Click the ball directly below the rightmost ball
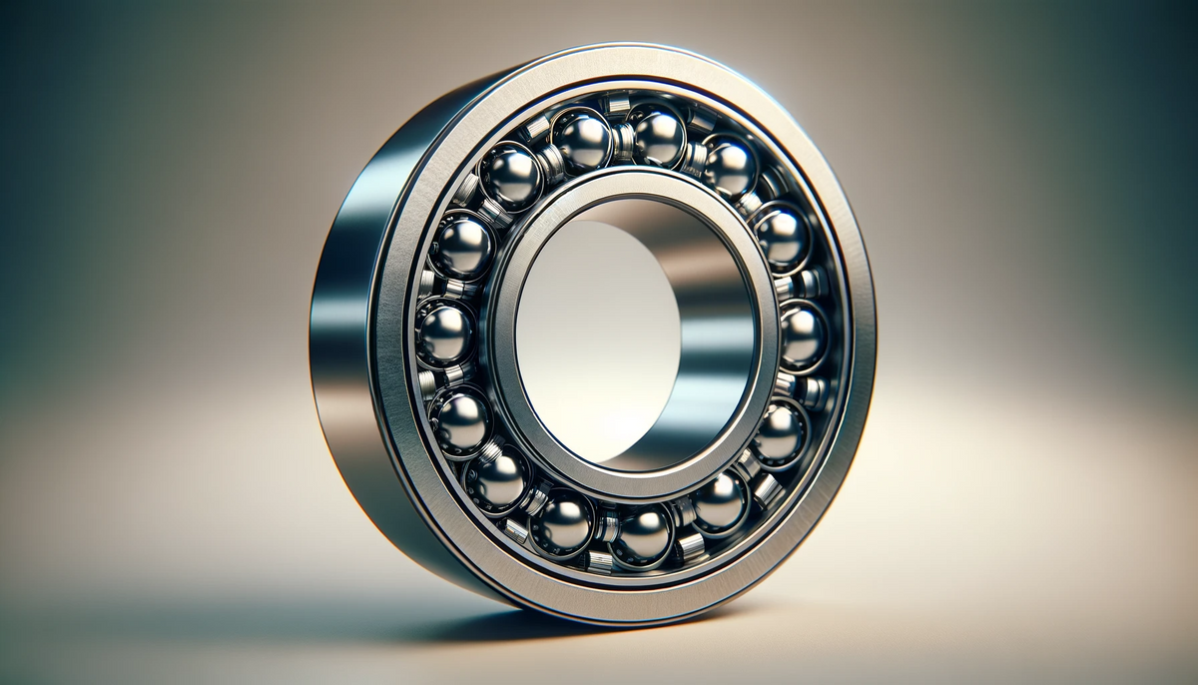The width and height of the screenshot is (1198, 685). [778, 432]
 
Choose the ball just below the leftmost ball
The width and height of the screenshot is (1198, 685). [459, 419]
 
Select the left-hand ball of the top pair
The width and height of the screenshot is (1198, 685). [581, 138]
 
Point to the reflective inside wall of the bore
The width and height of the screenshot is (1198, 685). [714, 330]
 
